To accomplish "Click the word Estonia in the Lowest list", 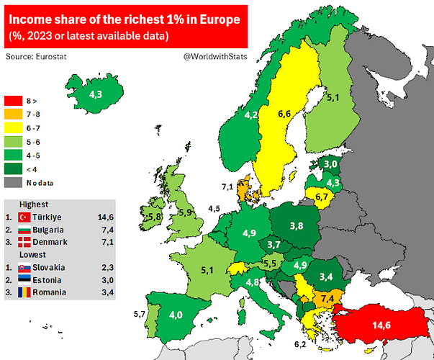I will pos(50,280).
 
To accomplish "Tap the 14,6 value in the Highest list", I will pos(106,217).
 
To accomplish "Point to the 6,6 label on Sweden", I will pos(284,114).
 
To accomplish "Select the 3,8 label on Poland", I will pos(296,225).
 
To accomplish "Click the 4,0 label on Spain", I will pos(176,315).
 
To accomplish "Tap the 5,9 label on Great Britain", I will pos(186,212).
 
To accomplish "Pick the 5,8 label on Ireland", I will pos(153,216).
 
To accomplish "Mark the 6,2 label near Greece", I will pos(300,345).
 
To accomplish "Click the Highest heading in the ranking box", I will pos(35,204).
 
